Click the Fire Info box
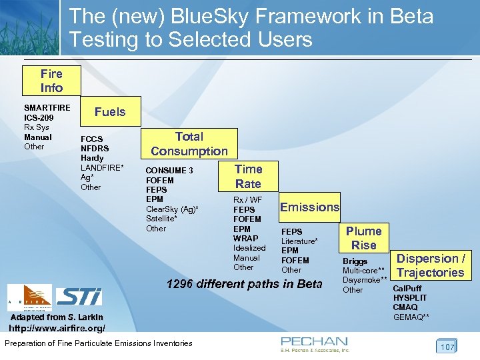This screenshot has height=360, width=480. click(51, 81)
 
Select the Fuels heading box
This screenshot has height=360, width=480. click(110, 112)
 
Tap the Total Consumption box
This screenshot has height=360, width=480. click(189, 144)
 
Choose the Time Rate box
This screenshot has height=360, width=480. click(248, 177)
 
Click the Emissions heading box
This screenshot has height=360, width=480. click(309, 207)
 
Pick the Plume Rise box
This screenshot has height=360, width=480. click(364, 238)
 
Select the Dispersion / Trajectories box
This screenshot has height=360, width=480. click(431, 265)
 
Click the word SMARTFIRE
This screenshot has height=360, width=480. click(47, 108)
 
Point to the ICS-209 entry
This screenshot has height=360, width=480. click(38, 118)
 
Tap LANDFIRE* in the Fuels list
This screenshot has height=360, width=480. click(102, 167)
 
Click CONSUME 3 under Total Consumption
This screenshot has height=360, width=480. click(169, 171)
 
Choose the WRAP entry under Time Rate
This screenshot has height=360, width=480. click(245, 239)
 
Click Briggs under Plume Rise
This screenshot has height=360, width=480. click(355, 261)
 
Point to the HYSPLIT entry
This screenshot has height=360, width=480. click(410, 298)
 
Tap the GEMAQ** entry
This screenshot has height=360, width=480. click(411, 317)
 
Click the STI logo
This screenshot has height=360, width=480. click(79, 297)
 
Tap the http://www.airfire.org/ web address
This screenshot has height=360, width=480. click(57, 329)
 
